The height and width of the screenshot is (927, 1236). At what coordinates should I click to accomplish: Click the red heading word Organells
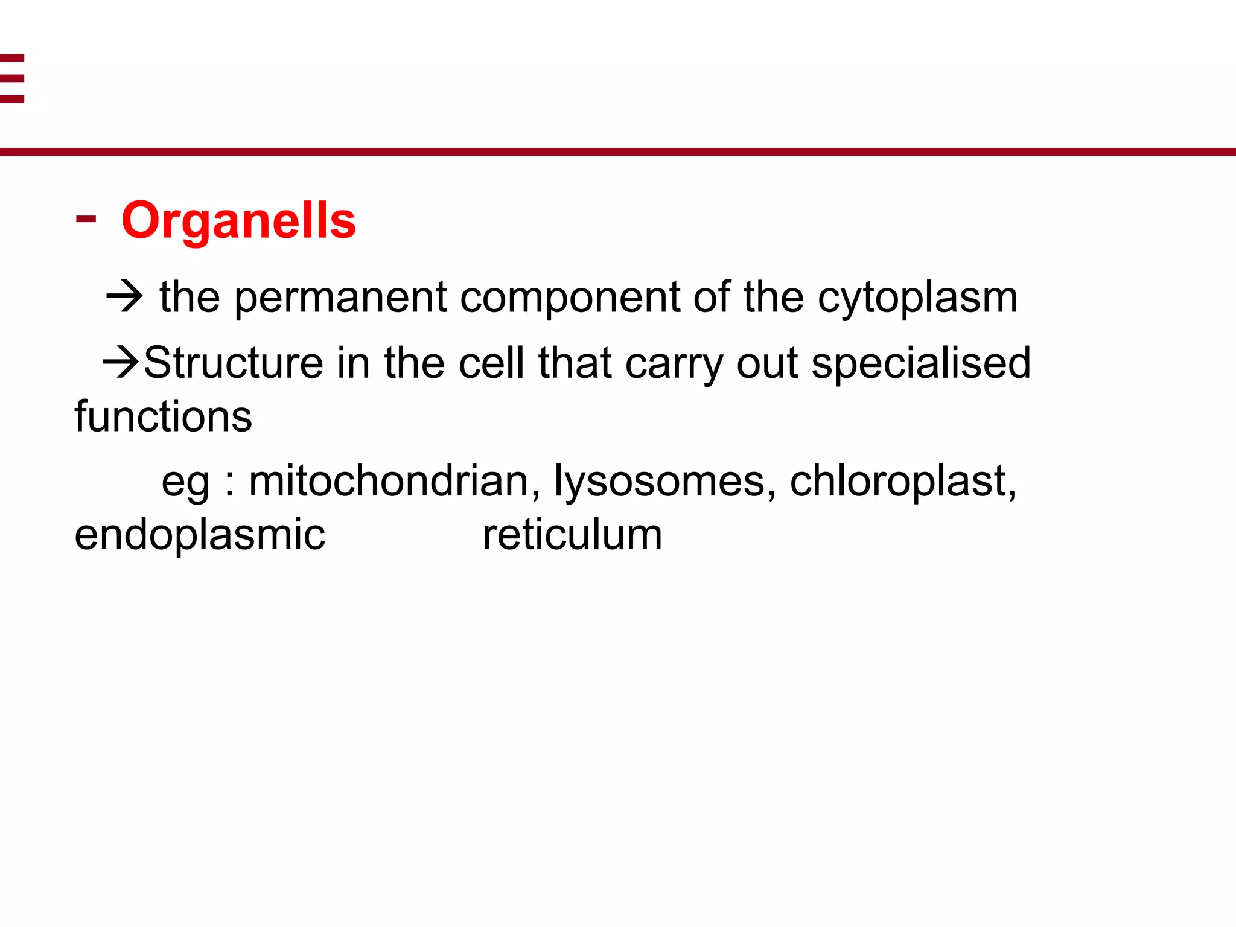coord(239,221)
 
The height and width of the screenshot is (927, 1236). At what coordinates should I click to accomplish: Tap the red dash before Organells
coord(86,219)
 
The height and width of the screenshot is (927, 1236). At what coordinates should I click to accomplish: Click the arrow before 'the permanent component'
coord(124,297)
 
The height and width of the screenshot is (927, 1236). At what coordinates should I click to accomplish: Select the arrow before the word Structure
coord(121,363)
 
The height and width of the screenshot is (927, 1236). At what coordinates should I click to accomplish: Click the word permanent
coord(340,298)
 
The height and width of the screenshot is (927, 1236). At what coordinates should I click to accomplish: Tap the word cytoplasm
coord(917,298)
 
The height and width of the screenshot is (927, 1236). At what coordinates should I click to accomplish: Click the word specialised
coord(920,364)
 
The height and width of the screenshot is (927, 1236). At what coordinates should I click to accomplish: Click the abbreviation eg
coord(186,483)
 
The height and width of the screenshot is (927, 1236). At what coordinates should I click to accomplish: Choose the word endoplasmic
coord(200,535)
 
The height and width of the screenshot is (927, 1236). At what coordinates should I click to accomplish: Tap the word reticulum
coord(572,535)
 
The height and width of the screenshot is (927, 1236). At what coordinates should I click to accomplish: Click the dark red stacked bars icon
coord(12,78)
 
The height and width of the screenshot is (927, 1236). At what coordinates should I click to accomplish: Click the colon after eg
coord(229,483)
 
